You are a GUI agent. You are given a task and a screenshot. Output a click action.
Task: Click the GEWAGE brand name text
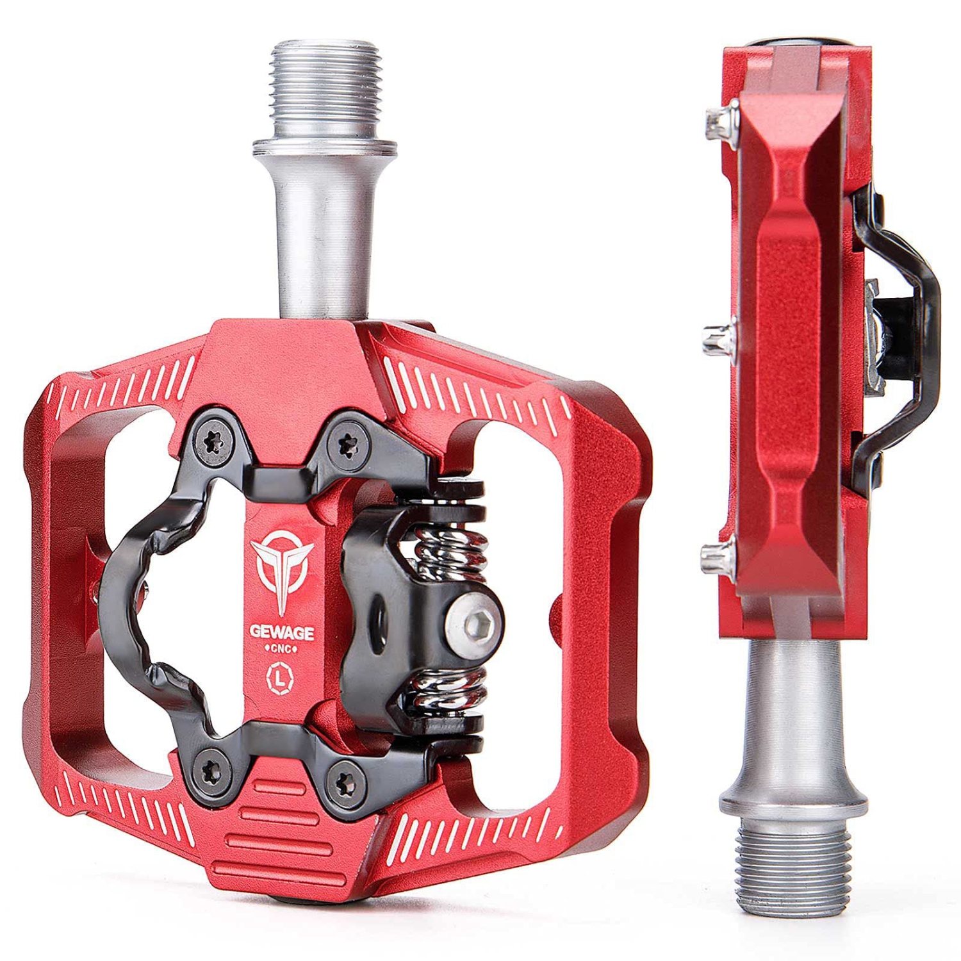(x=282, y=633)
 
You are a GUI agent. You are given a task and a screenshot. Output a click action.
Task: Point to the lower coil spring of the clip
(x=448, y=692)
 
